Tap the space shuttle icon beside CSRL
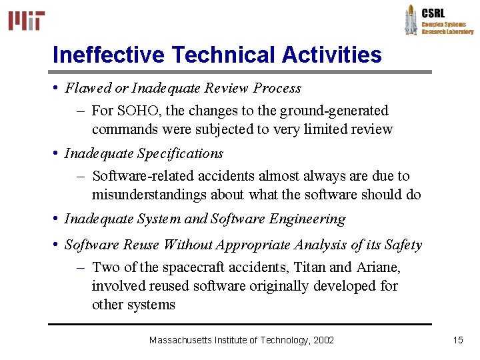click(x=411, y=19)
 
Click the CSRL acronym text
click(x=433, y=13)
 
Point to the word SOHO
click(x=133, y=111)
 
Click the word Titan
click(x=309, y=267)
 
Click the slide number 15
click(x=458, y=340)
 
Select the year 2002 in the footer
click(x=323, y=340)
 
